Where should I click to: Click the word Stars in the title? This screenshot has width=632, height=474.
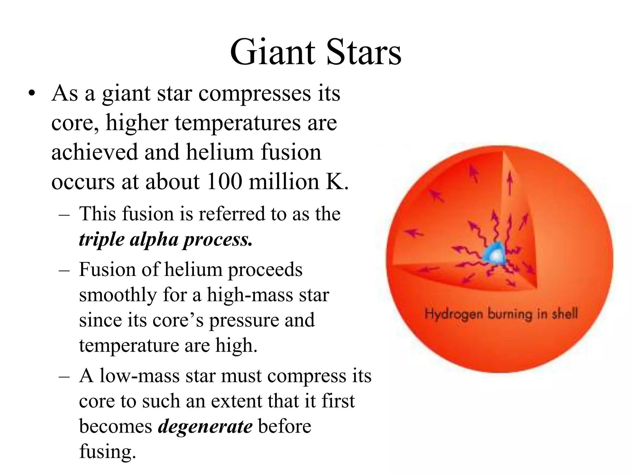[363, 52]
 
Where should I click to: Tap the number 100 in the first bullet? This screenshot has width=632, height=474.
[225, 181]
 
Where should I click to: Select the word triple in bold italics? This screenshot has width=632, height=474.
[102, 239]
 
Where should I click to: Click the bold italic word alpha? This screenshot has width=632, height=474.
[154, 239]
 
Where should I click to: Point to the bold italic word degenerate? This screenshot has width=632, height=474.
[205, 426]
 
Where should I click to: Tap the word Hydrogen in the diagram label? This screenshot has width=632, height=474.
[454, 314]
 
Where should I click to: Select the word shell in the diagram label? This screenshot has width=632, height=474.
[564, 314]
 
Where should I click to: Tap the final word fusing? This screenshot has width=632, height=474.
[107, 451]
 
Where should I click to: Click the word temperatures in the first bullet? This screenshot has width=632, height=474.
[238, 123]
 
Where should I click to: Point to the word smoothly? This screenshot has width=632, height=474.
[118, 295]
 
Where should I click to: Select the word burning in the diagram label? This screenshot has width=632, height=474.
[509, 314]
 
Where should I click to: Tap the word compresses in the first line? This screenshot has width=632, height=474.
[254, 93]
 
